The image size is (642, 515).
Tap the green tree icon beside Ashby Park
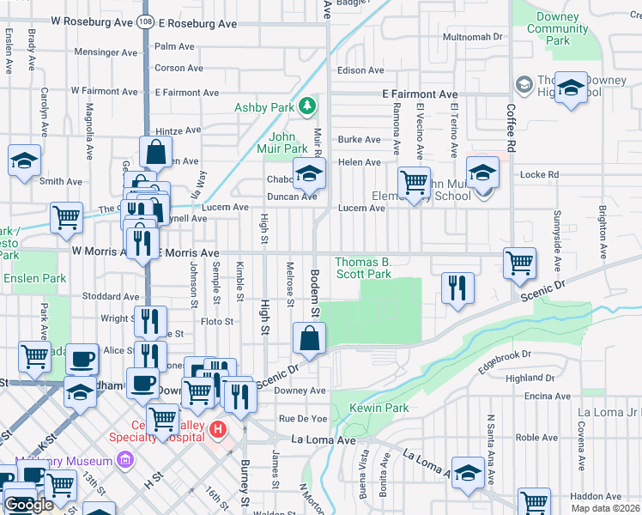(x=306, y=106)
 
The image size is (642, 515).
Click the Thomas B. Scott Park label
(x=362, y=268)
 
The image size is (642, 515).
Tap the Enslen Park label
(x=34, y=279)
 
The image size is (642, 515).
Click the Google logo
(x=28, y=506)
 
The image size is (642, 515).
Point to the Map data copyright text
(x=606, y=508)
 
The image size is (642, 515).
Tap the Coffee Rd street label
(x=510, y=129)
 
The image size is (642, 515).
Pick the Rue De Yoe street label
(x=300, y=419)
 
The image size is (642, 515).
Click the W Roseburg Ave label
(x=90, y=24)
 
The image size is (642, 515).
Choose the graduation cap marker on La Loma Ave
(x=469, y=473)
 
